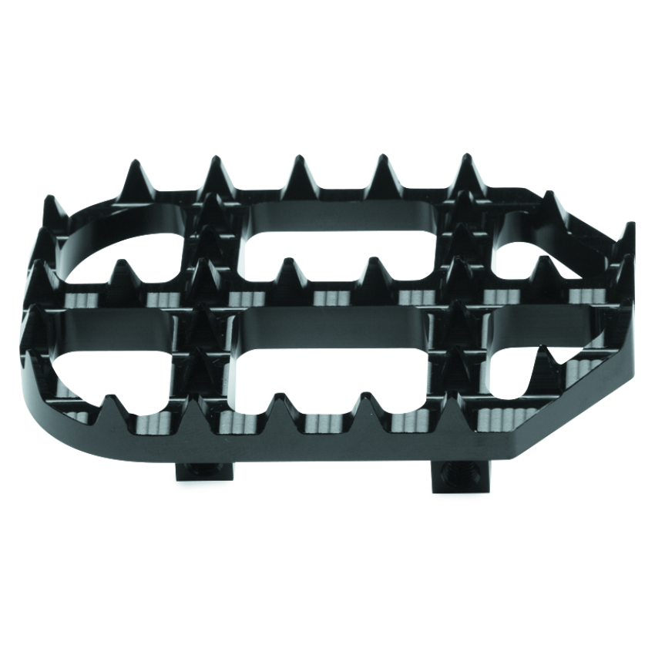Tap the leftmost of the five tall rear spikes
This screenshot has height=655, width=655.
[134, 177]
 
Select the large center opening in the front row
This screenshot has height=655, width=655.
[331, 370]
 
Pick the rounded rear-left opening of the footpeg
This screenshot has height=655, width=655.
[123, 247]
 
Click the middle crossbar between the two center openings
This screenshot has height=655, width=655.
[331, 316]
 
